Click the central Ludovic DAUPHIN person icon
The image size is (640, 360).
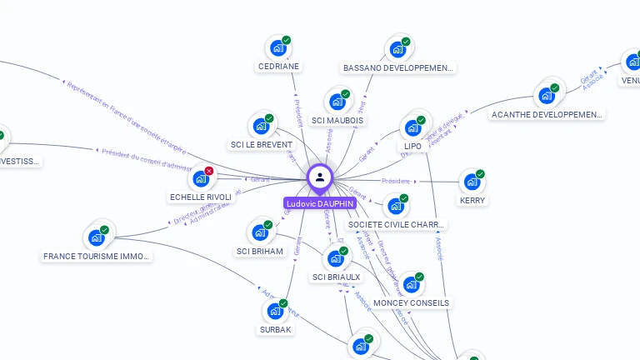pyautogui.click(x=320, y=177)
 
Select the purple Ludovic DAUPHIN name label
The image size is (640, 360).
pyautogui.click(x=320, y=203)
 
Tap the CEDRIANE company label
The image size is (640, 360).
pyautogui.click(x=278, y=67)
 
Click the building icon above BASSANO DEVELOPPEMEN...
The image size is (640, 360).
pyautogui.click(x=397, y=48)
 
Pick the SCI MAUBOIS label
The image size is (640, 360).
pyautogui.click(x=337, y=120)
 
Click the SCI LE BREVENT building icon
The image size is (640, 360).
pyautogui.click(x=261, y=127)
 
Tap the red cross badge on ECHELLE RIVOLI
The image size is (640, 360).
pyautogui.click(x=209, y=171)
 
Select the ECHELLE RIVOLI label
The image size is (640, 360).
pyautogui.click(x=201, y=197)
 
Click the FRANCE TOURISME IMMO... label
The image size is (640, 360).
pyautogui.click(x=97, y=257)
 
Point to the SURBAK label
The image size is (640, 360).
pyautogui.click(x=275, y=329)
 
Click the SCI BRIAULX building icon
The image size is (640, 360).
pyautogui.click(x=335, y=258)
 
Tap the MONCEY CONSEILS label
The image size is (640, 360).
pyautogui.click(x=411, y=302)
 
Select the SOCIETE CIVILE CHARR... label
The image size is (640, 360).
pyautogui.click(x=397, y=224)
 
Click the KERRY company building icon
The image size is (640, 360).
pyautogui.click(x=472, y=182)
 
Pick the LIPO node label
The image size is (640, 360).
pyautogui.click(x=412, y=147)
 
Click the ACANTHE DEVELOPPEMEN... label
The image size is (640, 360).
pyautogui.click(x=547, y=114)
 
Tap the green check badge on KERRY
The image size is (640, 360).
pyautogui.click(x=480, y=174)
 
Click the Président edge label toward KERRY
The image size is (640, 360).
pyautogui.click(x=396, y=181)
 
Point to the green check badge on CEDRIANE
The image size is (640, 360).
pyautogui.click(x=286, y=40)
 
